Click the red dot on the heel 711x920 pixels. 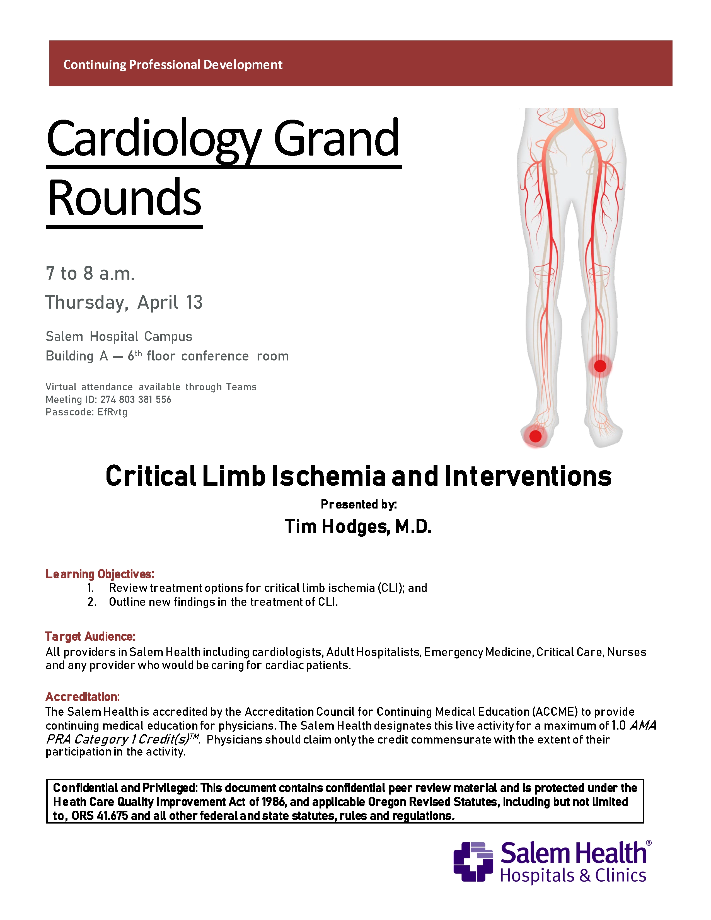[x=535, y=436]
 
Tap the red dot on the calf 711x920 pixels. [x=600, y=366]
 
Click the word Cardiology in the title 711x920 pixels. [x=154, y=139]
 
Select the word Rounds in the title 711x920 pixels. [x=125, y=198]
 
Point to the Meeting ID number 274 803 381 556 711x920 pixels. [x=136, y=399]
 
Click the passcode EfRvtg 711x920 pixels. [x=112, y=412]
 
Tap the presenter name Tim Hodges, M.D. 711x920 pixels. [x=358, y=527]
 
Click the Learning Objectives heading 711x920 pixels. [x=100, y=574]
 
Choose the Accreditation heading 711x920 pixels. [x=83, y=696]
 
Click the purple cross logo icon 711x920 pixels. [x=473, y=861]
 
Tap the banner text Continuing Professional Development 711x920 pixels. [x=173, y=64]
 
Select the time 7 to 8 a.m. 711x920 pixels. [x=90, y=273]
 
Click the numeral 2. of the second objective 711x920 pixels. [x=92, y=602]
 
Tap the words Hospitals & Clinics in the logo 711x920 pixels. [x=573, y=876]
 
